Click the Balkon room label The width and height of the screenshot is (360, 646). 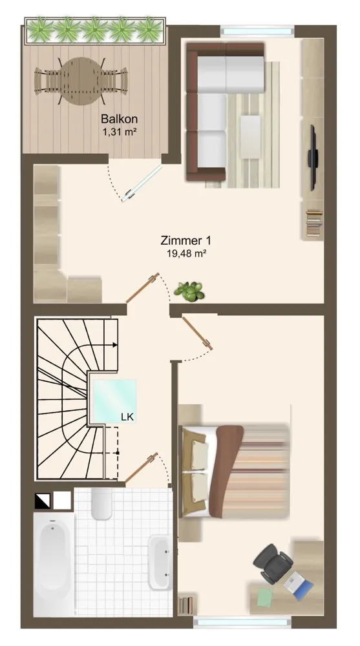pyautogui.click(x=119, y=119)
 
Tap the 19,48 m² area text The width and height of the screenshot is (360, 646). pyautogui.click(x=186, y=253)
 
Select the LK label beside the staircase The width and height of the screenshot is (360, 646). pyautogui.click(x=127, y=417)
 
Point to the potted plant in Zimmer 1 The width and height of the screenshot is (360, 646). pyautogui.click(x=189, y=292)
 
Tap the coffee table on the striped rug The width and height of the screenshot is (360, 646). pyautogui.click(x=251, y=136)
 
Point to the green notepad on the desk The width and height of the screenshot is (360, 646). pyautogui.click(x=265, y=598)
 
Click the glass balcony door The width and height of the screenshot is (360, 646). pyautogui.click(x=142, y=183)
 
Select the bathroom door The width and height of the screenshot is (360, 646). pyautogui.click(x=142, y=467)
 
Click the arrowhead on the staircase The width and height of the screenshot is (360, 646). pyautogui.click(x=115, y=345)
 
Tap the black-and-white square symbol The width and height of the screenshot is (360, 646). pyautogui.click(x=42, y=500)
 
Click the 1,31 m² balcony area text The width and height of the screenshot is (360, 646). pyautogui.click(x=120, y=132)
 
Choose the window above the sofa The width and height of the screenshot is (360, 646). pyautogui.click(x=257, y=30)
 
